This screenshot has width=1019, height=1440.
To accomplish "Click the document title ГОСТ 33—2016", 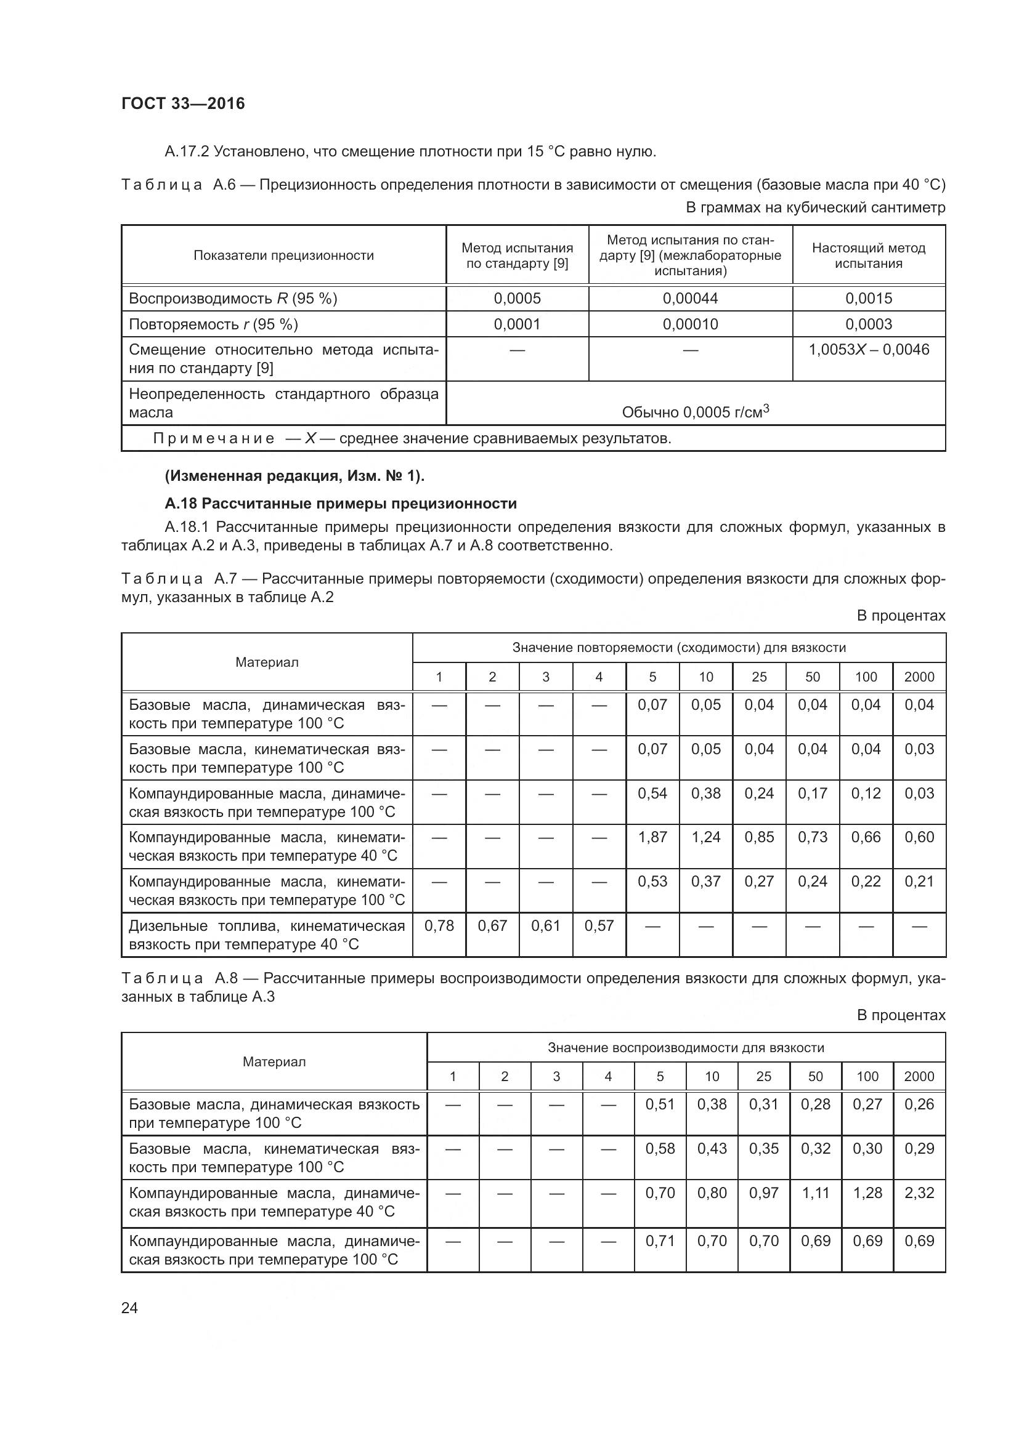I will tap(182, 103).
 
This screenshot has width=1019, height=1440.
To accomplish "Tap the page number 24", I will tap(129, 1308).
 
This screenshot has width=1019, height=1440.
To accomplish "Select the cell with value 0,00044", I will tap(689, 299).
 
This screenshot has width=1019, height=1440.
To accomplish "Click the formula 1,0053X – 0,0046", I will tap(869, 350).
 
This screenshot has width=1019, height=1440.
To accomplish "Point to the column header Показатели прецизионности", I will tap(283, 255).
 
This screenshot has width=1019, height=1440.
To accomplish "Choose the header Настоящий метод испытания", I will tap(869, 255).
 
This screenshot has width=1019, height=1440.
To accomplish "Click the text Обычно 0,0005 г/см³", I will tap(694, 412).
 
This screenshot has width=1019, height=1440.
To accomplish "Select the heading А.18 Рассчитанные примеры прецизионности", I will tap(341, 504).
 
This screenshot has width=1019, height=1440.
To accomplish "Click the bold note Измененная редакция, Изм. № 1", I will tap(294, 476).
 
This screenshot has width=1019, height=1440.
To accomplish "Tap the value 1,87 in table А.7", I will tap(652, 837).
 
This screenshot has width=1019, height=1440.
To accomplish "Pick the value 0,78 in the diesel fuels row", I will tap(439, 926).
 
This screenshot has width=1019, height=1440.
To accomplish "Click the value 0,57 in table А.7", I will tap(599, 926).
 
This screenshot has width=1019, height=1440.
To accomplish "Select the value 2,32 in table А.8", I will tap(919, 1193).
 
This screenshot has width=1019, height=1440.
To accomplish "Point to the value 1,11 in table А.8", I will tap(815, 1193).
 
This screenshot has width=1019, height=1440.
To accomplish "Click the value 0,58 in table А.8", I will tap(659, 1148).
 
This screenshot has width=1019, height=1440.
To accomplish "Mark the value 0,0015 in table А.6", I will tap(869, 299).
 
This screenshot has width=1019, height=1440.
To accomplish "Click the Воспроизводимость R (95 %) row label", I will tap(233, 299).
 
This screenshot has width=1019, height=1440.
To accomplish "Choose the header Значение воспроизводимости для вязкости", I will tap(685, 1047).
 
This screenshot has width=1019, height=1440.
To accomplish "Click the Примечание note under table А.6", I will tap(412, 438).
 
